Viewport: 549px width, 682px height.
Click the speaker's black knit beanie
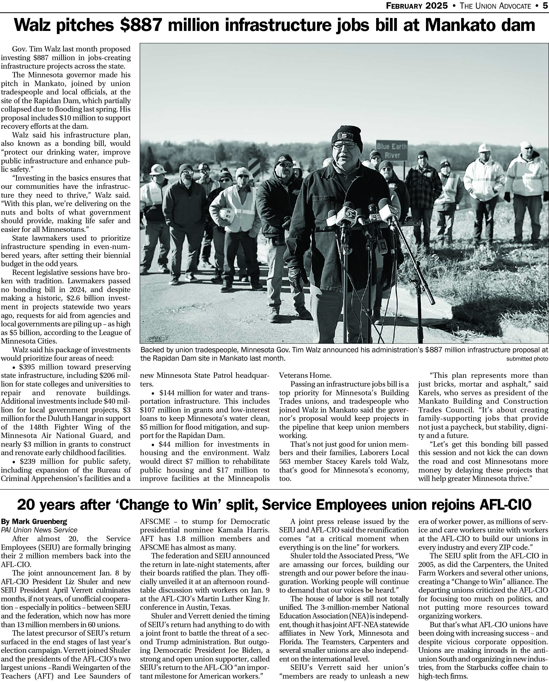coord(347,134)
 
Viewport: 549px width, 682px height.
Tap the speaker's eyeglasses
coord(345,146)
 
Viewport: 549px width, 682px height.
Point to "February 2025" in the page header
coord(417,6)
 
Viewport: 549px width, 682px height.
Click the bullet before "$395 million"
coord(14,368)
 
